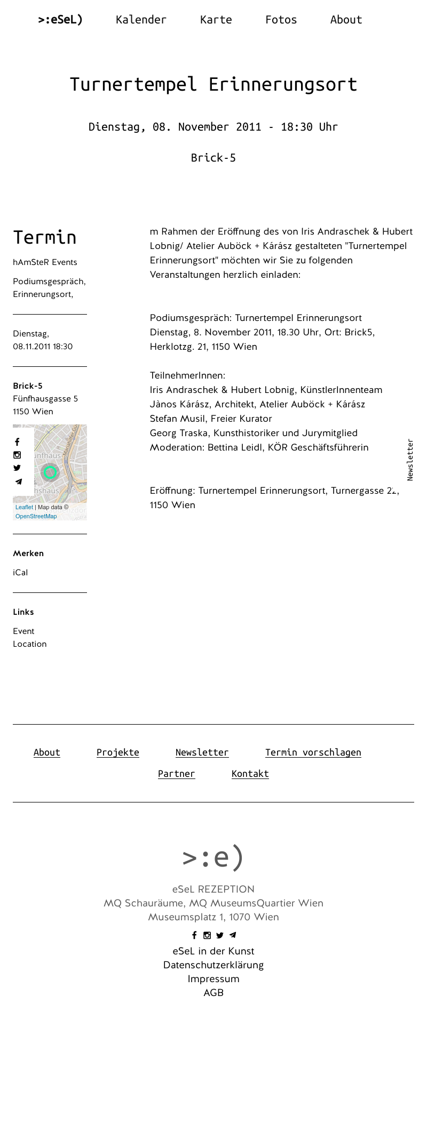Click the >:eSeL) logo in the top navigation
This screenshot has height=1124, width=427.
point(60,20)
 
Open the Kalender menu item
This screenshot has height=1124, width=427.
point(141,20)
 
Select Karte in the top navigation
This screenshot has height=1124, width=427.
point(216,20)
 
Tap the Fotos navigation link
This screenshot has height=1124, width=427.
point(281,20)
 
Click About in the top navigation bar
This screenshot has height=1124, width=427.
point(346,20)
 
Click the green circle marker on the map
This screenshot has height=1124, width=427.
point(50,472)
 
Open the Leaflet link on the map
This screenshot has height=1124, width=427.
point(24,507)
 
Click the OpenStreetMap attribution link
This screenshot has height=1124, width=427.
point(36,516)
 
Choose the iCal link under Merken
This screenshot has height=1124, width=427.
point(20,573)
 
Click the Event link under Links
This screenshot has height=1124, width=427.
point(23,631)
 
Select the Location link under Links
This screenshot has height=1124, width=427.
point(30,644)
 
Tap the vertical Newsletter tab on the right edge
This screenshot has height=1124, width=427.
point(410,460)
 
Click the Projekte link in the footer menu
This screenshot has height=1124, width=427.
point(118,752)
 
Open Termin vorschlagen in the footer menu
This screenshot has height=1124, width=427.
point(313,752)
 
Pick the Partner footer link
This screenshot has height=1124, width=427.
point(177,774)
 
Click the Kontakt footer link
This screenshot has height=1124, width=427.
point(250,774)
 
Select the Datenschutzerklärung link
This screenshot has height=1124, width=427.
point(213,965)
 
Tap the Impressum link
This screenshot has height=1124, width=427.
point(213,979)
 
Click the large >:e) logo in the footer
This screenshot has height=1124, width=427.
point(213,857)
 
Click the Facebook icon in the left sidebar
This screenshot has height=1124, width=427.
point(17,442)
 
